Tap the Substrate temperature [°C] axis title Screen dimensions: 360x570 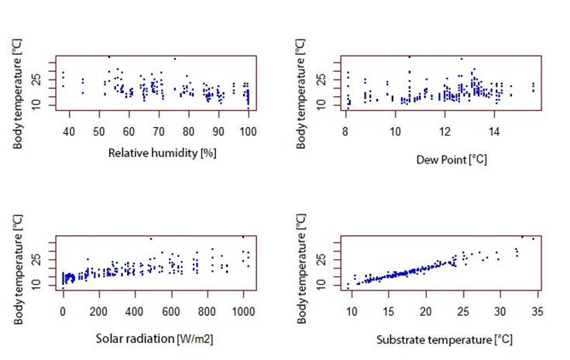tap(444, 339)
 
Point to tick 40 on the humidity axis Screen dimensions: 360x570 tap(69, 133)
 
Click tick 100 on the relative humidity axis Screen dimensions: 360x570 tap(248, 133)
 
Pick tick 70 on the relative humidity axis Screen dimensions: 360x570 tap(159, 133)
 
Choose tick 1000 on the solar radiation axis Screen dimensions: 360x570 tap(243, 314)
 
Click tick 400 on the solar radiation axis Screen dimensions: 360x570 tap(135, 314)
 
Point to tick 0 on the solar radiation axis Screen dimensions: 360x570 tap(63, 314)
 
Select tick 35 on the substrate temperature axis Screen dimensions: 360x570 tap(537, 314)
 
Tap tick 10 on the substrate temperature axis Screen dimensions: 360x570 tap(352, 314)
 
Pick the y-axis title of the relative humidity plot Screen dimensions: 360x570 tap(17, 85)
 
